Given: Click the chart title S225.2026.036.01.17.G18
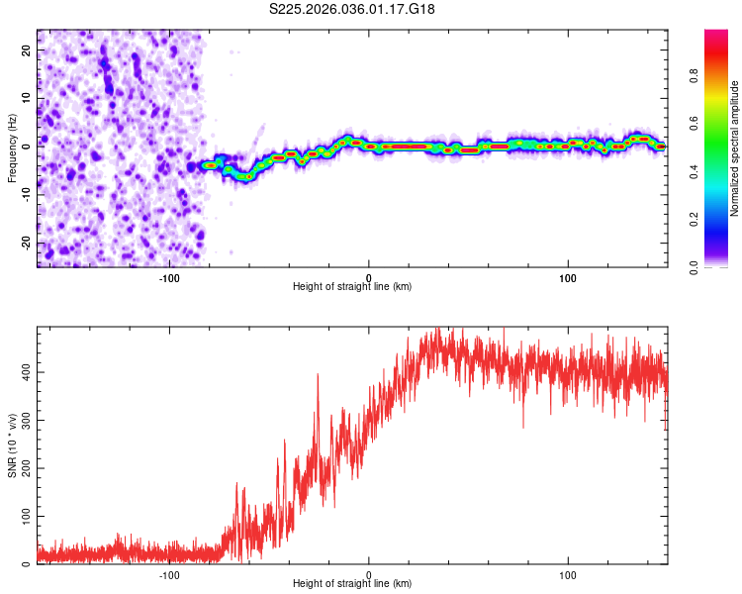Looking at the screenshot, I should [x=353, y=9].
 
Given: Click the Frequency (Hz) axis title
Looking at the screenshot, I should [x=12, y=147].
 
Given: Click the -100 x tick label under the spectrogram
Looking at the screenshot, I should [x=169, y=276].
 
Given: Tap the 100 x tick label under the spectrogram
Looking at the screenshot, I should [x=568, y=276].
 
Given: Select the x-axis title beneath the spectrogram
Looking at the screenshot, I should [x=352, y=287].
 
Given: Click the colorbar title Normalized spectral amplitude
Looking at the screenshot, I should [x=735, y=148].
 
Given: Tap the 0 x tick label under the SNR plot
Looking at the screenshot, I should [x=369, y=573].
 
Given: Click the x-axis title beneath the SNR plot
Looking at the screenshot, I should [x=352, y=584].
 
